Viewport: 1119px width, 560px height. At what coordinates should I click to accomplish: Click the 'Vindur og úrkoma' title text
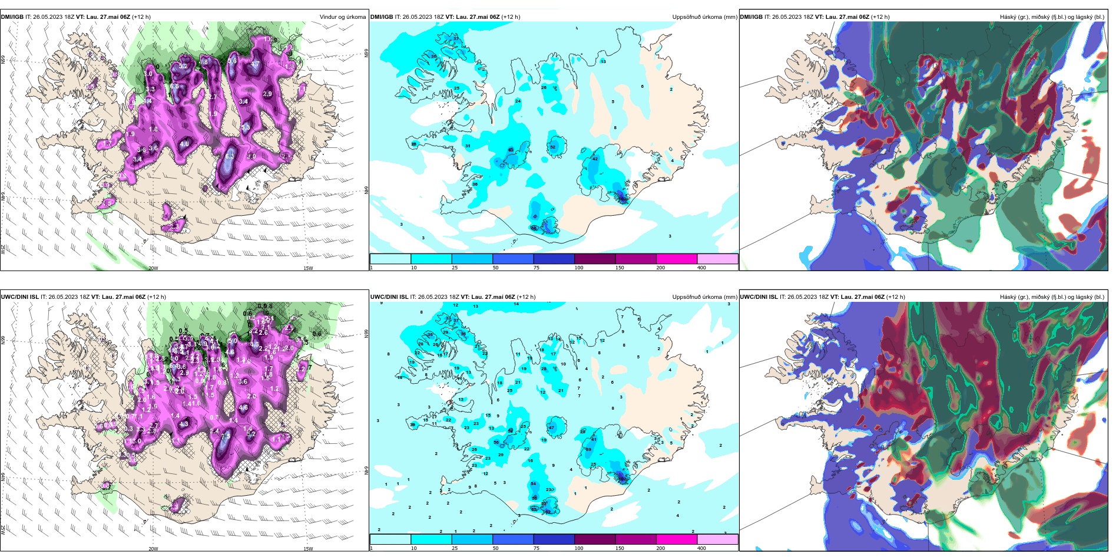[342, 17]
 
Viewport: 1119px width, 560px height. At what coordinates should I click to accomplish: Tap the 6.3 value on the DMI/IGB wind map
[175, 87]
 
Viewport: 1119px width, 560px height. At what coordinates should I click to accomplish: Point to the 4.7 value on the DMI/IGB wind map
[255, 64]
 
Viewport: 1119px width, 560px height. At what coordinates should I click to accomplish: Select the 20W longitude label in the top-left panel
[153, 268]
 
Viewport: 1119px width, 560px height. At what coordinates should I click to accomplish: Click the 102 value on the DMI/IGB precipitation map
[623, 199]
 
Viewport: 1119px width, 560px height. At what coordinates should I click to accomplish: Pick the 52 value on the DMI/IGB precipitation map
[553, 147]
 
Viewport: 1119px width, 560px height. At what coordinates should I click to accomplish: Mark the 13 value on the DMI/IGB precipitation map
[603, 62]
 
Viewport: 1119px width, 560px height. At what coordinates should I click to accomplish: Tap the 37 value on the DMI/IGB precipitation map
[455, 38]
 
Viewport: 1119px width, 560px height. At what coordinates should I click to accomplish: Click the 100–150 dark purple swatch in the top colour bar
[594, 259]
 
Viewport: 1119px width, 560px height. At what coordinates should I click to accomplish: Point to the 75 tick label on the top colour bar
[537, 268]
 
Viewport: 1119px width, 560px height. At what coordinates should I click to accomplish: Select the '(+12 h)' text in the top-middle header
[510, 17]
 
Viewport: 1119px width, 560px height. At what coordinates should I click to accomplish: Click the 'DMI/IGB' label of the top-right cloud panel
[751, 17]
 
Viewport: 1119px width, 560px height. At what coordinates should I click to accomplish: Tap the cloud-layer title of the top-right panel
[1052, 17]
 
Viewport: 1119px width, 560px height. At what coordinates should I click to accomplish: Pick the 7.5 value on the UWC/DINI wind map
[225, 436]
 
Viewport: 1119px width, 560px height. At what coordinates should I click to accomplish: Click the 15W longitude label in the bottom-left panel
[308, 549]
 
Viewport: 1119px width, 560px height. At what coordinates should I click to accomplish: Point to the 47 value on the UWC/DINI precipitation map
[552, 427]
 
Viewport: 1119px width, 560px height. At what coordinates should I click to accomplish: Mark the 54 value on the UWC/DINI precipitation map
[534, 484]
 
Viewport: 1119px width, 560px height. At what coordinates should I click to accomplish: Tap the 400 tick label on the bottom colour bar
[702, 548]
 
